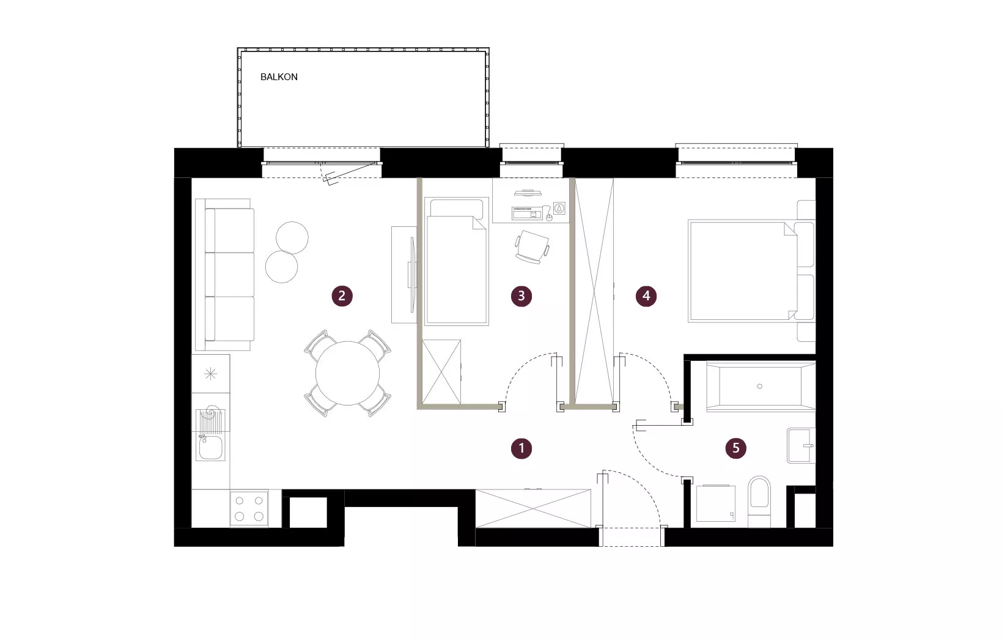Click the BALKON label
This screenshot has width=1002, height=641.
[279, 77]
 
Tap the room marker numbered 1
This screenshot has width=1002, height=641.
[521, 448]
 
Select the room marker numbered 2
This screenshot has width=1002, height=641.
[342, 296]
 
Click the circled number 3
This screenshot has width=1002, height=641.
[521, 296]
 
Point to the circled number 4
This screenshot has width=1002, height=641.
[646, 296]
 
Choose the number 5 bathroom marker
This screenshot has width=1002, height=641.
[736, 448]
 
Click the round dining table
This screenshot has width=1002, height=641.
[348, 373]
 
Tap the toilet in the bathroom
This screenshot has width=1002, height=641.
[759, 502]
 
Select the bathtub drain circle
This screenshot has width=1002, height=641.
[759, 387]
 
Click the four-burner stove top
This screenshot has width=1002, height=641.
[249, 508]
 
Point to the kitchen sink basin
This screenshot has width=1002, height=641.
[211, 448]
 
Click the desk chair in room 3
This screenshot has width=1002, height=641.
[532, 246]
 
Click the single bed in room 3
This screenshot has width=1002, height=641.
[456, 261]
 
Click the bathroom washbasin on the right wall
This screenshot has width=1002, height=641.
[801, 446]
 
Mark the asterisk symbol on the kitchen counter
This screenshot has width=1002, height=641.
[211, 374]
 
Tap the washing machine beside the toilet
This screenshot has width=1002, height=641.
[716, 503]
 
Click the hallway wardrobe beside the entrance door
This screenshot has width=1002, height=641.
[533, 508]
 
